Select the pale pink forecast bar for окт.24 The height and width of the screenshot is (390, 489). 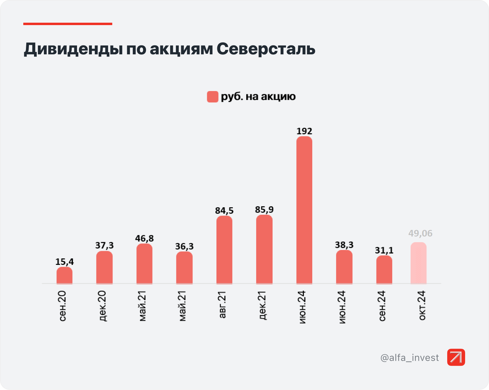click(x=418, y=263)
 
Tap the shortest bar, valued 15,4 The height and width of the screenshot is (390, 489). click(x=64, y=275)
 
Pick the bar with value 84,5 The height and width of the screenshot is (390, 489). click(x=224, y=250)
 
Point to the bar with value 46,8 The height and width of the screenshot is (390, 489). click(x=144, y=264)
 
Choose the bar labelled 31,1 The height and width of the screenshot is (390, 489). click(x=384, y=270)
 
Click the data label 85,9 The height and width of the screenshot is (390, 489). click(x=264, y=210)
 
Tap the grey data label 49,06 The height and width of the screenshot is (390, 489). click(x=420, y=233)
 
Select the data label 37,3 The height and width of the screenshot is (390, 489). click(x=104, y=245)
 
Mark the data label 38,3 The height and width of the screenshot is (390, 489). click(x=344, y=245)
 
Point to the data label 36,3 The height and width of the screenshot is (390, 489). click(x=184, y=246)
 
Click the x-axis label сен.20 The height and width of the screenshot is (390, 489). click(x=63, y=306)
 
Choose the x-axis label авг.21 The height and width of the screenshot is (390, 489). click(x=222, y=305)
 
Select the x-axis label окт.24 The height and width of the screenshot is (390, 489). click(x=422, y=305)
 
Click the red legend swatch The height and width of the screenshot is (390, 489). click(x=213, y=97)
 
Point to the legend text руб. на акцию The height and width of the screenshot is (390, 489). click(x=258, y=96)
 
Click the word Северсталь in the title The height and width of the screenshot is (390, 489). click(x=266, y=49)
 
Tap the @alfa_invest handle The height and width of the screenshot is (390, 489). click(x=410, y=357)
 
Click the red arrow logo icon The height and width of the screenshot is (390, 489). click(x=456, y=357)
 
